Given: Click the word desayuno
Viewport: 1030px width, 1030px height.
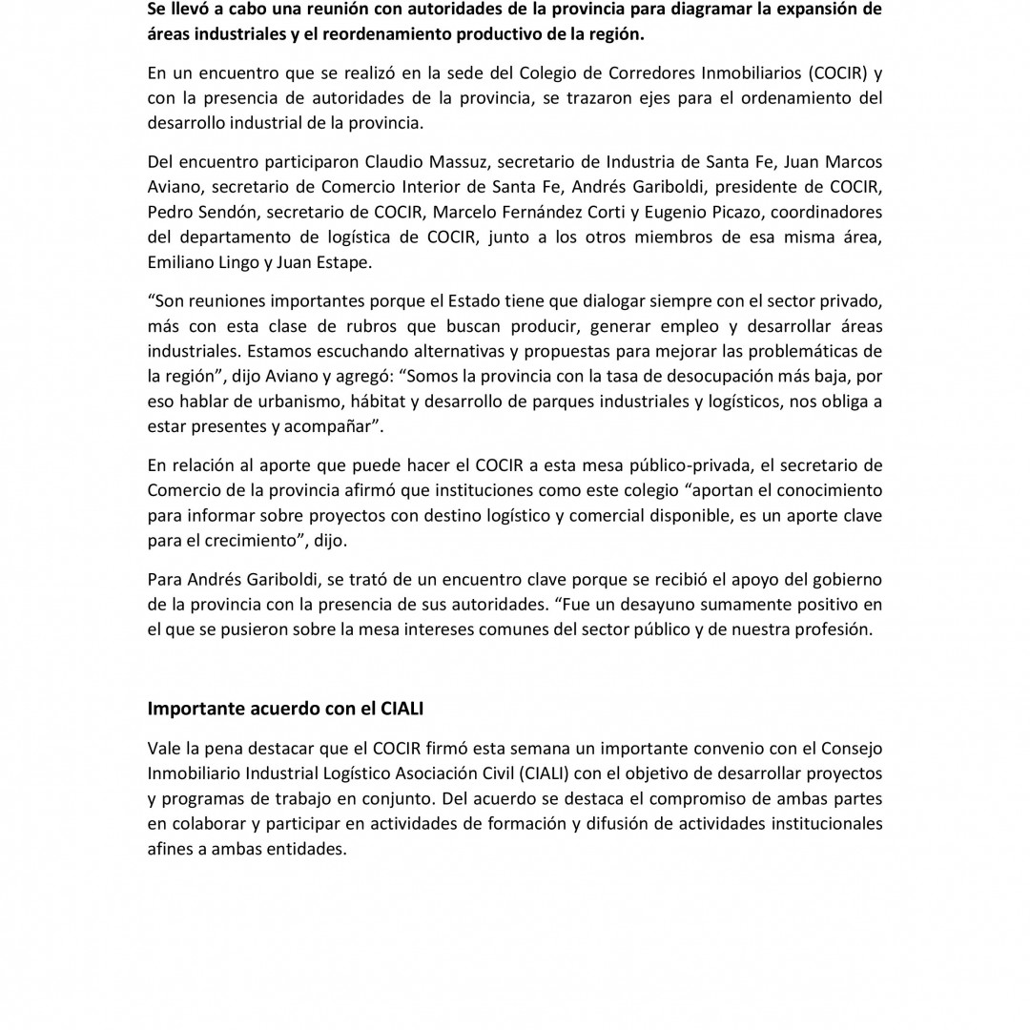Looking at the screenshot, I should pos(665,605).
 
